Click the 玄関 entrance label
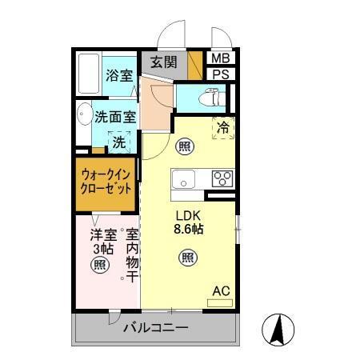click(x=165, y=62)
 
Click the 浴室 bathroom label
click(x=120, y=78)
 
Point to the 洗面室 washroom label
click(x=115, y=117)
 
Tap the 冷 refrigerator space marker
click(x=223, y=126)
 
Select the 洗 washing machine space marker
click(x=118, y=143)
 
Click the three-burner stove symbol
click(x=222, y=178)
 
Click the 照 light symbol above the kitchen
click(x=183, y=146)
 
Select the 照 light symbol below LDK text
click(x=186, y=257)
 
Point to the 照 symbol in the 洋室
click(x=100, y=264)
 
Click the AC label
click(x=221, y=290)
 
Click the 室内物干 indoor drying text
click(x=130, y=254)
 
